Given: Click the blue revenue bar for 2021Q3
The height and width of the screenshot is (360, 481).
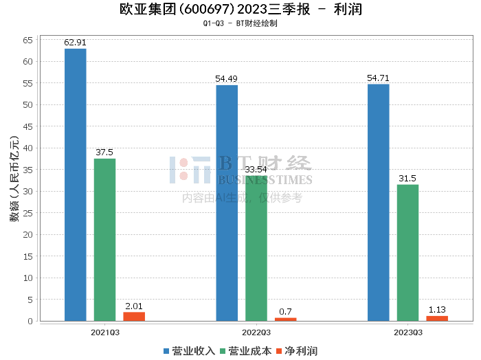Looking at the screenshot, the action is (76, 185).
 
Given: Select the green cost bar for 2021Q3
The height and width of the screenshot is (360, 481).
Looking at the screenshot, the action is (104, 240).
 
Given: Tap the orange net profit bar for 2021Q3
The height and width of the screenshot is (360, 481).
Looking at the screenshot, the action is (134, 317).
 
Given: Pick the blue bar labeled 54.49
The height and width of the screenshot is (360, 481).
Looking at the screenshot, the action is (227, 203).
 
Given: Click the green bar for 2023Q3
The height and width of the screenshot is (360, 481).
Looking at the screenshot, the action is (407, 253).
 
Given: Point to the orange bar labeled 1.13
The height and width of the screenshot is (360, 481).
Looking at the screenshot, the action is (437, 319).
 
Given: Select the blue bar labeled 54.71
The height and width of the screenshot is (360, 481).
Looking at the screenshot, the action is (379, 203).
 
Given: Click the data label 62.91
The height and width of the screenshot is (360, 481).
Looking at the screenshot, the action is (75, 43).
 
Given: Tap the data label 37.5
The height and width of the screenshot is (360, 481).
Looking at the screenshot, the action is (104, 153).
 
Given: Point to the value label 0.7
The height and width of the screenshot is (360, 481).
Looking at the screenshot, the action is (285, 312).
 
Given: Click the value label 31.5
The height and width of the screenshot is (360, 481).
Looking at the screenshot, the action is (407, 179).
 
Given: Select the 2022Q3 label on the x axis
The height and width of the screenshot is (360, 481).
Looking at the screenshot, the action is (256, 333).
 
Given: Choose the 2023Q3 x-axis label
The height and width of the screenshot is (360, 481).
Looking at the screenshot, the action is (408, 333).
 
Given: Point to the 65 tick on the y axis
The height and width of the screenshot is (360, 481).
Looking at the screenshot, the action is (27, 40).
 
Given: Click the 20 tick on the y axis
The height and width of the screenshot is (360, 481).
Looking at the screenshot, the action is (27, 234).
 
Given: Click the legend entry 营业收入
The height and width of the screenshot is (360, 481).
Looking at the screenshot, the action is (189, 351).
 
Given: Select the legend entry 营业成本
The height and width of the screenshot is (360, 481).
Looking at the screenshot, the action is (246, 351).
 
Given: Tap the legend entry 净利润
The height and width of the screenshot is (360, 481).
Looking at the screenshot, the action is (297, 351).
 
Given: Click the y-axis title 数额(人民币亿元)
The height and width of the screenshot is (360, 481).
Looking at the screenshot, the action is (14, 179).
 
